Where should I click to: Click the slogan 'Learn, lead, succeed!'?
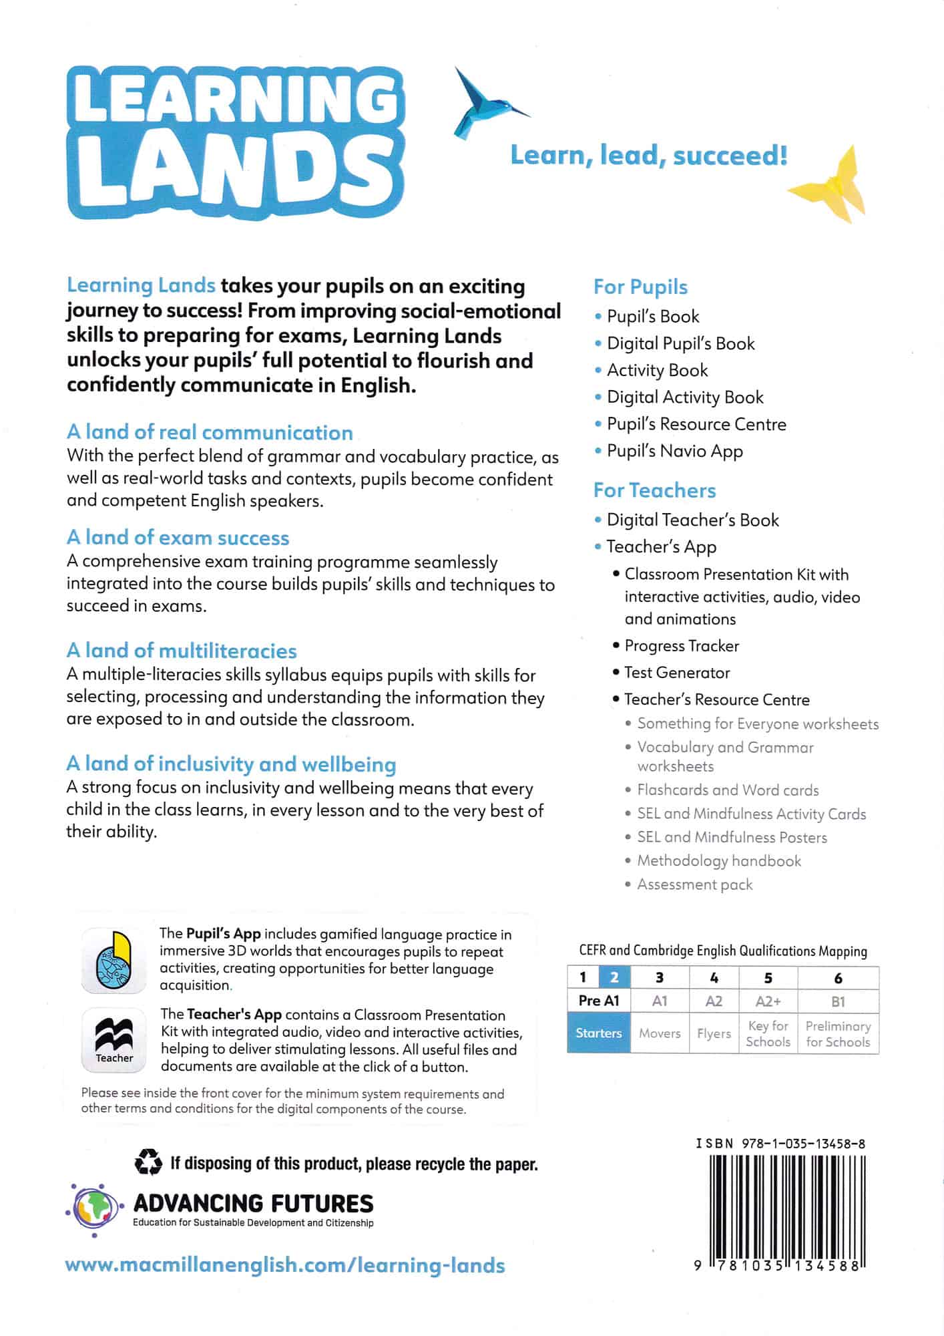point(648,156)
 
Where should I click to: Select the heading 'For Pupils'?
point(640,287)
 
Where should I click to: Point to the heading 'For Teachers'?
point(654,490)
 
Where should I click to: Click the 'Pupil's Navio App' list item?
point(674,451)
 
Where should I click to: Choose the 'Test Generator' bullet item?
point(677,673)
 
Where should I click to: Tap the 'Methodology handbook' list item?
point(719,861)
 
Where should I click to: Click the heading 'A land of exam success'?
point(178,538)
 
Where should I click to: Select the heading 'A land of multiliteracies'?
point(182,651)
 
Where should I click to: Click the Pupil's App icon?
point(113,960)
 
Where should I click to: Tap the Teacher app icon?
point(113,1040)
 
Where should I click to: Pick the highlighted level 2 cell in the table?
point(614,978)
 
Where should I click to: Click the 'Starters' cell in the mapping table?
point(598,1033)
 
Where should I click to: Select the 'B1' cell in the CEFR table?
point(838,1001)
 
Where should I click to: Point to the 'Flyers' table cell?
point(714,1033)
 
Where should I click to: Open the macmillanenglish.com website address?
point(285,1265)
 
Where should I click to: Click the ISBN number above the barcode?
point(780,1144)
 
